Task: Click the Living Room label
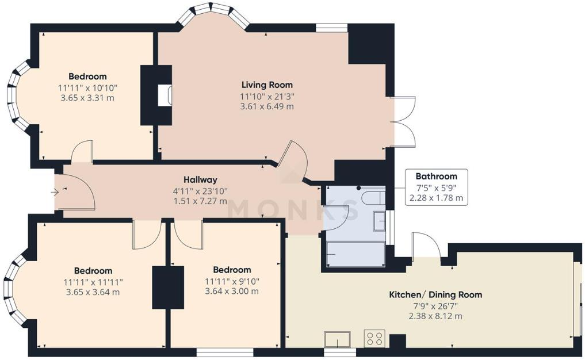click(x=267, y=85)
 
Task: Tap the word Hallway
click(x=200, y=179)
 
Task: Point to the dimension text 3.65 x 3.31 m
click(x=87, y=98)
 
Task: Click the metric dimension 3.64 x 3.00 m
click(x=232, y=292)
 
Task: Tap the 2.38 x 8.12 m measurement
click(x=435, y=316)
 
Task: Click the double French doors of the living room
click(x=403, y=122)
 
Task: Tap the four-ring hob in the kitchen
click(x=374, y=339)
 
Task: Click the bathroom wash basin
click(x=379, y=221)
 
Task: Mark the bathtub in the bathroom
click(x=355, y=254)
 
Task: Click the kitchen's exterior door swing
click(x=426, y=246)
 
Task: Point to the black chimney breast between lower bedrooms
click(x=167, y=287)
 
